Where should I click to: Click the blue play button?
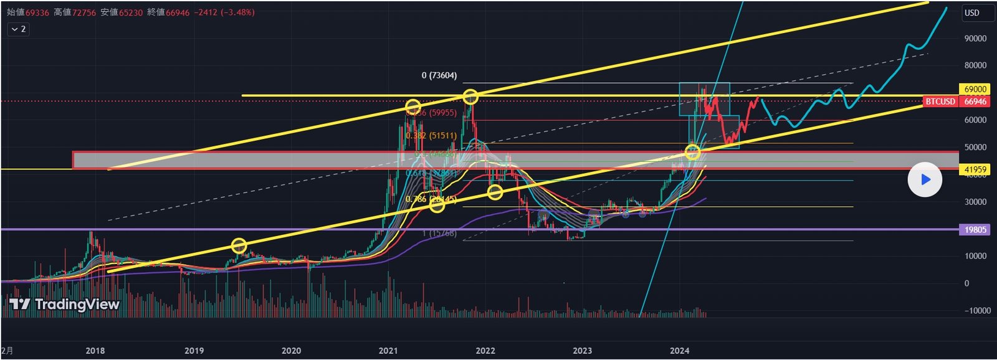(x=925, y=179)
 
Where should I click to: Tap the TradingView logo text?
(x=65, y=304)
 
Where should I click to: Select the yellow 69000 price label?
(x=975, y=90)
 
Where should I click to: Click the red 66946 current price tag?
(x=975, y=102)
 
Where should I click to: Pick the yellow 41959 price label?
(x=975, y=169)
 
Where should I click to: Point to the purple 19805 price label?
(x=975, y=230)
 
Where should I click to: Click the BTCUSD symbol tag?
(x=940, y=102)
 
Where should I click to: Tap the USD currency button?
(x=972, y=12)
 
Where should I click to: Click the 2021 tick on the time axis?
(x=388, y=351)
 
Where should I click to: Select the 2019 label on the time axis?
(x=194, y=351)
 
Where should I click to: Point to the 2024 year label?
(x=679, y=351)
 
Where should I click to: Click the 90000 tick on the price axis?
(x=975, y=39)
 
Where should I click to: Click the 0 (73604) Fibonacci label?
(x=439, y=75)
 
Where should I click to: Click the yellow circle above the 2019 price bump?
(x=239, y=245)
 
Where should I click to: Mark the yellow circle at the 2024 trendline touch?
(x=692, y=151)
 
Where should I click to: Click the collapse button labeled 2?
(x=18, y=29)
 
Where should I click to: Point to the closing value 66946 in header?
(x=178, y=12)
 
